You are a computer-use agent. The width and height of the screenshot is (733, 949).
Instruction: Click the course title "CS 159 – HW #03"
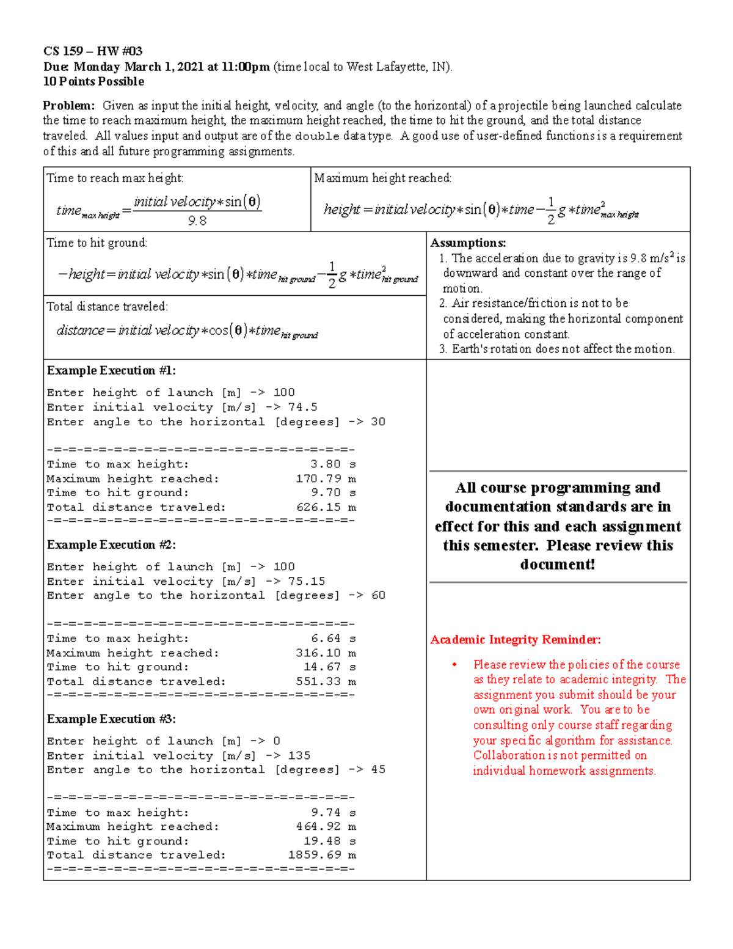click(x=93, y=51)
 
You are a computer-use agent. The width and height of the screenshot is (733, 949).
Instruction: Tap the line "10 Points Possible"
click(x=93, y=81)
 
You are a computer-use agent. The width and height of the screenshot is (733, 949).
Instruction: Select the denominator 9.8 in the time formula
click(x=197, y=221)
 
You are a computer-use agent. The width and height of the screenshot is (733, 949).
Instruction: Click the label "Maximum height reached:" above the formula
click(x=383, y=178)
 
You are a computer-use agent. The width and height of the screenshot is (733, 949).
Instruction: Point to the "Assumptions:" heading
click(x=468, y=243)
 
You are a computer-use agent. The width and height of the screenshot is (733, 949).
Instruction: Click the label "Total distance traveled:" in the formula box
click(x=107, y=306)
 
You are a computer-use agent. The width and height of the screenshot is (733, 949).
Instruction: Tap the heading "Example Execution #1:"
click(x=111, y=370)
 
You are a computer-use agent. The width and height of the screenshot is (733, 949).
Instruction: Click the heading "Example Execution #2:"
click(x=111, y=544)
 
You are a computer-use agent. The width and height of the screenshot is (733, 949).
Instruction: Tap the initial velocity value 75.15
click(x=306, y=581)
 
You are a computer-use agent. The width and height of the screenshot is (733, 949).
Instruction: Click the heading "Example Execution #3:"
click(x=111, y=719)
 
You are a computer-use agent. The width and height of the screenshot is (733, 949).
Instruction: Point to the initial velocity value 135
click(x=299, y=755)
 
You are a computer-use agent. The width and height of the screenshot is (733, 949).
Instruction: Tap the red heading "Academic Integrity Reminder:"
click(x=516, y=640)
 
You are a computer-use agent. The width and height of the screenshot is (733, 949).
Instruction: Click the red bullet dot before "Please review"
click(x=454, y=665)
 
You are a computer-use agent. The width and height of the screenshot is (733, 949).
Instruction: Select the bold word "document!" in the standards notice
click(x=557, y=565)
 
